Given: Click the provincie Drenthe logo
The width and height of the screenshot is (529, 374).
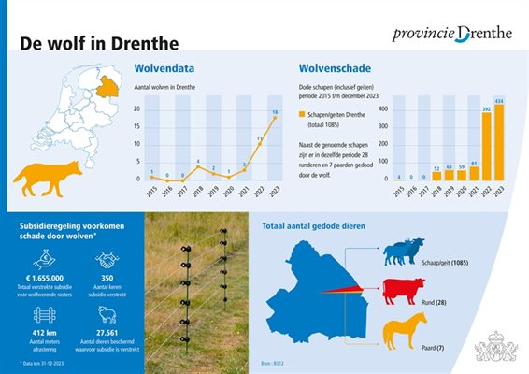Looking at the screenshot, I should pos(453,34).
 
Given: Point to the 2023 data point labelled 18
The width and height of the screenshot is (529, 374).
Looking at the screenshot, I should pos(275,118).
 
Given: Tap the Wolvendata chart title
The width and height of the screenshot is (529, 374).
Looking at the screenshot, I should pos(164,68).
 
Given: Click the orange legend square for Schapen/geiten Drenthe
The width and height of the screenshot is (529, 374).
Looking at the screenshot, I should pos(301,113).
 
